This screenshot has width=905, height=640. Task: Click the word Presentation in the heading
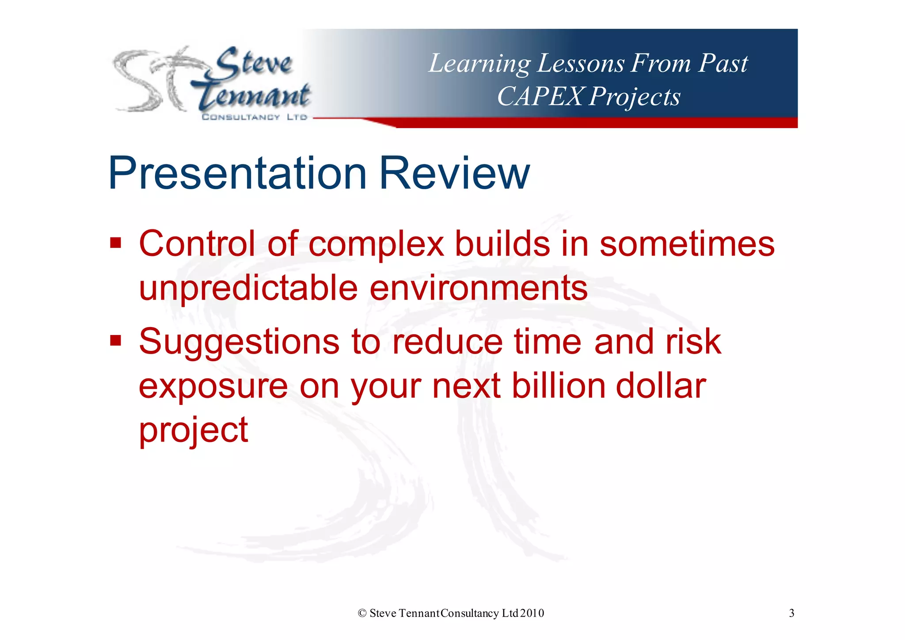(237, 173)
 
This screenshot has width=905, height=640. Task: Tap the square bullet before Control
(116, 243)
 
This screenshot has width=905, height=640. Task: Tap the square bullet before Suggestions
(116, 341)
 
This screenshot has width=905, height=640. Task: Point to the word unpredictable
(248, 288)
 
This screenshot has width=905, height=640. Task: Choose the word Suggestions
(239, 343)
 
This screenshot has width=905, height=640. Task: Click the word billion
(558, 385)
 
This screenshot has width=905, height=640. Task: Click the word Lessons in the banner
(580, 63)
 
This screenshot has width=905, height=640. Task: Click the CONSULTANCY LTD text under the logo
(254, 117)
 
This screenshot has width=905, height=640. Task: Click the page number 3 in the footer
(791, 613)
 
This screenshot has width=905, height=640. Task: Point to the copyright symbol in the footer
(362, 613)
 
